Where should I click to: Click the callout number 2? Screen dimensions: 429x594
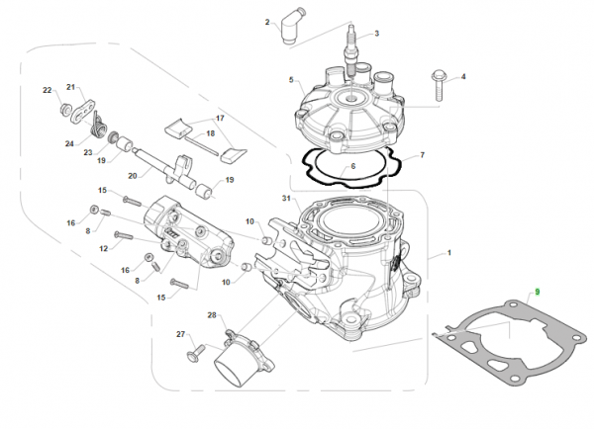267,21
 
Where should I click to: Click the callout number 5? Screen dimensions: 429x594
291,79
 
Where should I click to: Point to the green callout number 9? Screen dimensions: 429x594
537,292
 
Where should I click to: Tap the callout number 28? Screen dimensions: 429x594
211,315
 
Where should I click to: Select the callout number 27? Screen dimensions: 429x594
181,334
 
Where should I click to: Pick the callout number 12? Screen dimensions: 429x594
103,248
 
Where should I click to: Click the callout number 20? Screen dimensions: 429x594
132,175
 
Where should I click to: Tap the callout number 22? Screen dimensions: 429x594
47,91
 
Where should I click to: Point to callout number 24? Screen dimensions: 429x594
69,143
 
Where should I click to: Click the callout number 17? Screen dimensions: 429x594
221,118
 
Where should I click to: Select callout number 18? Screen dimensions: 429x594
210,133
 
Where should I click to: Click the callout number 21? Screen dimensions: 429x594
70,87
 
